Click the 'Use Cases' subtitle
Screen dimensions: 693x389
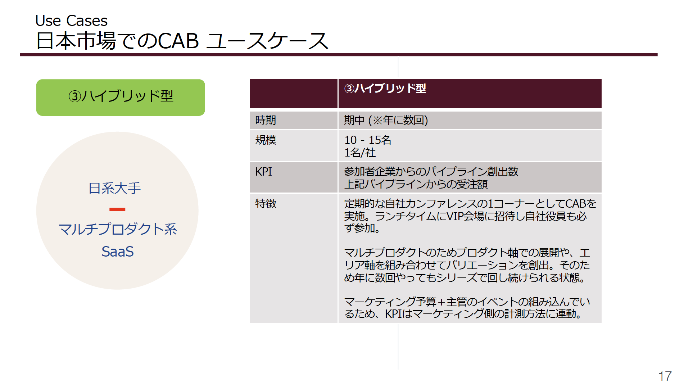pyautogui.click(x=71, y=21)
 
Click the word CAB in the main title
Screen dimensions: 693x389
pyautogui.click(x=178, y=41)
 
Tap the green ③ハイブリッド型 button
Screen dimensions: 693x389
pyautogui.click(x=121, y=97)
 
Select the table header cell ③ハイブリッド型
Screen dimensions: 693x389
pyautogui.click(x=470, y=94)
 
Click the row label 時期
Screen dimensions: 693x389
pyautogui.click(x=266, y=120)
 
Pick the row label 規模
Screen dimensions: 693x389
pyautogui.click(x=266, y=140)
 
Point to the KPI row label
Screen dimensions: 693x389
pyautogui.click(x=264, y=172)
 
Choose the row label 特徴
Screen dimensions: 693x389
pyautogui.click(x=266, y=204)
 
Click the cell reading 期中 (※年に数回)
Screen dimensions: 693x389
pyautogui.click(x=386, y=120)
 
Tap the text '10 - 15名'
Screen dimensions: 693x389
pyautogui.click(x=367, y=140)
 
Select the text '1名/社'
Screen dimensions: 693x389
pyautogui.click(x=360, y=153)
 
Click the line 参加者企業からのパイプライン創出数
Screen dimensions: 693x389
pyautogui.click(x=431, y=172)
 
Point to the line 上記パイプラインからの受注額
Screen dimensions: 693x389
pyautogui.click(x=416, y=184)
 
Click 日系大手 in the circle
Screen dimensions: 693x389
pyautogui.click(x=115, y=188)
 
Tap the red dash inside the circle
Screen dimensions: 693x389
pyautogui.click(x=117, y=209)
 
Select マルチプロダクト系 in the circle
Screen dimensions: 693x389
pyautogui.click(x=118, y=229)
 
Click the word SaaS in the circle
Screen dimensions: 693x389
pyautogui.click(x=118, y=252)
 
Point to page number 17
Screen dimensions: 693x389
pyautogui.click(x=665, y=376)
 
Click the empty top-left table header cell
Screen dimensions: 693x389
pyautogui.click(x=294, y=94)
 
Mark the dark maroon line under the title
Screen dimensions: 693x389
pyautogui.click(x=339, y=55)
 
